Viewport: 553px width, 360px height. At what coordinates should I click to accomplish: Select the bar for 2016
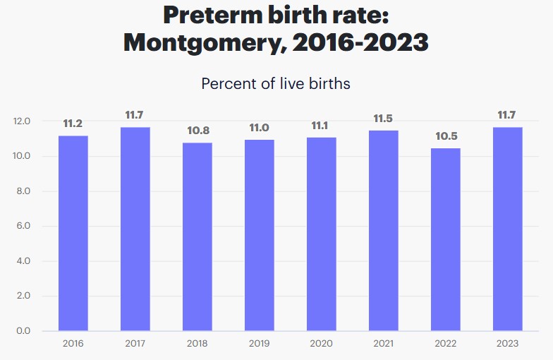coord(73,233)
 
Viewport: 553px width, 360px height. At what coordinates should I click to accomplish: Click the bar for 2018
coord(197,236)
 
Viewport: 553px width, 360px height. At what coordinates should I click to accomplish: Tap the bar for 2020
coord(321,234)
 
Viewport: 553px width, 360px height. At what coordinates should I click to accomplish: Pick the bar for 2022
coord(446,239)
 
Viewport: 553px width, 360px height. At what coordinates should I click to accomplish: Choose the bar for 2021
coord(384,230)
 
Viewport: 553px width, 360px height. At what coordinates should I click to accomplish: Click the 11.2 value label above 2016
coord(73,124)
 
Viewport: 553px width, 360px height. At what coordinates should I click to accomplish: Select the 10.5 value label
coord(446,136)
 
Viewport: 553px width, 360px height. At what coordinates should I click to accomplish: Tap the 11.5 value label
coord(384,119)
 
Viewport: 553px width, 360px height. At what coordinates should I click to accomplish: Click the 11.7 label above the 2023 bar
coord(508,115)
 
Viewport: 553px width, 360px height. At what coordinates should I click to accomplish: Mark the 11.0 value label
coord(259,128)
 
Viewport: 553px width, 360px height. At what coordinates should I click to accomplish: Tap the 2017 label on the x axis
coord(135,343)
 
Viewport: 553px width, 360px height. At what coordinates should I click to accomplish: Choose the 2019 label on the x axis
coord(259,343)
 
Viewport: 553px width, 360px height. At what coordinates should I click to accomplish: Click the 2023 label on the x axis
coord(508,343)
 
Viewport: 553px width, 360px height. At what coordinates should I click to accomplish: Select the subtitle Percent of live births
coord(276,83)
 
